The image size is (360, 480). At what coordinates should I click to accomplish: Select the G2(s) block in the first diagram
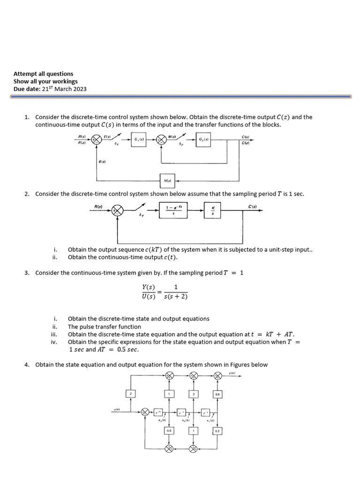click(204, 140)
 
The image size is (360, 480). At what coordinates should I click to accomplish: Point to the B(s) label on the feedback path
click(102, 162)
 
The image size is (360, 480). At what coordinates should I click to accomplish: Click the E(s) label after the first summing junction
click(107, 136)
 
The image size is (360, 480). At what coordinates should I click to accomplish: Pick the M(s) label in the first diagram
click(172, 136)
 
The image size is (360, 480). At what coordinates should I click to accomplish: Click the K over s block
click(213, 211)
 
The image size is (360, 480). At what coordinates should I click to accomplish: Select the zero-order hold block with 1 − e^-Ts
click(174, 211)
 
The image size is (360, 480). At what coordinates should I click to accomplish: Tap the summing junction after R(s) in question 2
click(118, 211)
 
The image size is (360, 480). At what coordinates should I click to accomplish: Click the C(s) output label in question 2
click(252, 206)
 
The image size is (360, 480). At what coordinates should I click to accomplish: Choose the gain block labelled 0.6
click(217, 395)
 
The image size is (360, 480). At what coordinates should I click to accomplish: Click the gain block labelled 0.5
click(169, 430)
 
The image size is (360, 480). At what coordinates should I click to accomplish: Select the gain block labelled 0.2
click(217, 430)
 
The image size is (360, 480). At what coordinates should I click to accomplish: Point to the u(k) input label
click(117, 409)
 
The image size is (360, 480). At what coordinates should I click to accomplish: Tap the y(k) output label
click(232, 373)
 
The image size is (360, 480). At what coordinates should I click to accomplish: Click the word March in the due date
click(63, 89)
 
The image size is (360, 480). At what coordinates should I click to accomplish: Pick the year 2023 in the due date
click(80, 89)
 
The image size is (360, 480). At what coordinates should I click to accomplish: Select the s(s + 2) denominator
click(175, 297)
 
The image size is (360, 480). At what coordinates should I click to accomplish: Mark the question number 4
click(27, 365)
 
